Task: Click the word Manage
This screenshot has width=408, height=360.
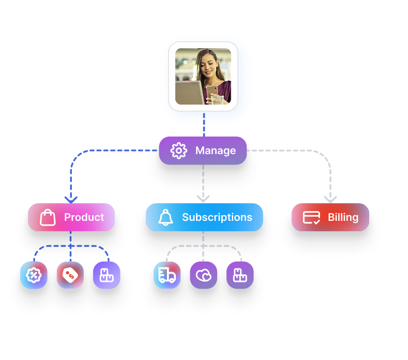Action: [x=215, y=151]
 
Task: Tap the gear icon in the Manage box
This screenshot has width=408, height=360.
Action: [x=178, y=151]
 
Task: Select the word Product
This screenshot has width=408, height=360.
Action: [x=84, y=217]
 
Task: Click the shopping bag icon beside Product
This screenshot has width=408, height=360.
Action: [x=48, y=217]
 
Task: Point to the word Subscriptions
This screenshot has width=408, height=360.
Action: [x=217, y=217]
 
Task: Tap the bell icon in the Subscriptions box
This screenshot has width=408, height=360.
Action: [x=165, y=217]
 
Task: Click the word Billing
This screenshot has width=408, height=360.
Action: [x=343, y=217]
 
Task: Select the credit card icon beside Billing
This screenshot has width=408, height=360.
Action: [x=311, y=217]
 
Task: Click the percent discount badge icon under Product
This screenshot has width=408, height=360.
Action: [x=34, y=275]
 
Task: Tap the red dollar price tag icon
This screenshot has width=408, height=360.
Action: [x=70, y=275]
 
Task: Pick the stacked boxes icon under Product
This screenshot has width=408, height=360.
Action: [x=107, y=275]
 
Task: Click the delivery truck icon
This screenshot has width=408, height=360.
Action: [x=167, y=275]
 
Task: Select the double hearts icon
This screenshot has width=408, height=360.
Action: [x=203, y=275]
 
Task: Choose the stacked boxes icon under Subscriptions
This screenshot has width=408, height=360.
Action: [x=240, y=275]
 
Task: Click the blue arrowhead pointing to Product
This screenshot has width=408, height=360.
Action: [x=71, y=199]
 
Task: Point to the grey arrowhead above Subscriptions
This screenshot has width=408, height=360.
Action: [x=203, y=198]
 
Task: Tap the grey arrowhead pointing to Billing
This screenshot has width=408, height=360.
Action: [x=330, y=199]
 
